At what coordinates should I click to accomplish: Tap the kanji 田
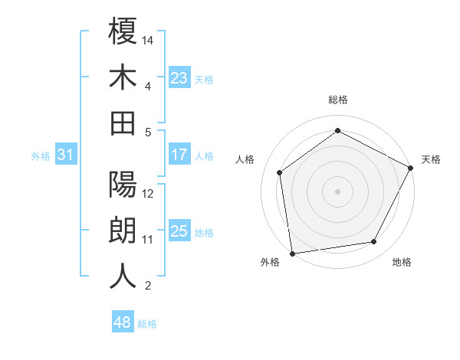123,123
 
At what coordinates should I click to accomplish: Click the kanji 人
123,277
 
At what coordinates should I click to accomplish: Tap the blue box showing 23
179,78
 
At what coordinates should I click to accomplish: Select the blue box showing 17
179,155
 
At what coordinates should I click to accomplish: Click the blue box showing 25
179,231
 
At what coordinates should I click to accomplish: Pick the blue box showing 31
66,155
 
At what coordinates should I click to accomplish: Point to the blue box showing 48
122,322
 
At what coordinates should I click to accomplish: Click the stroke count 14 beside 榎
148,40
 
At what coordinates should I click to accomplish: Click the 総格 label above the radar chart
337,100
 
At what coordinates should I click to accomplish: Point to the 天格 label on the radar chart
432,159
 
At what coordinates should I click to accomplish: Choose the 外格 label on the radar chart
270,263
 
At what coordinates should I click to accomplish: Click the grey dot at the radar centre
337,191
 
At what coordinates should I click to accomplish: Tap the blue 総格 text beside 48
147,323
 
